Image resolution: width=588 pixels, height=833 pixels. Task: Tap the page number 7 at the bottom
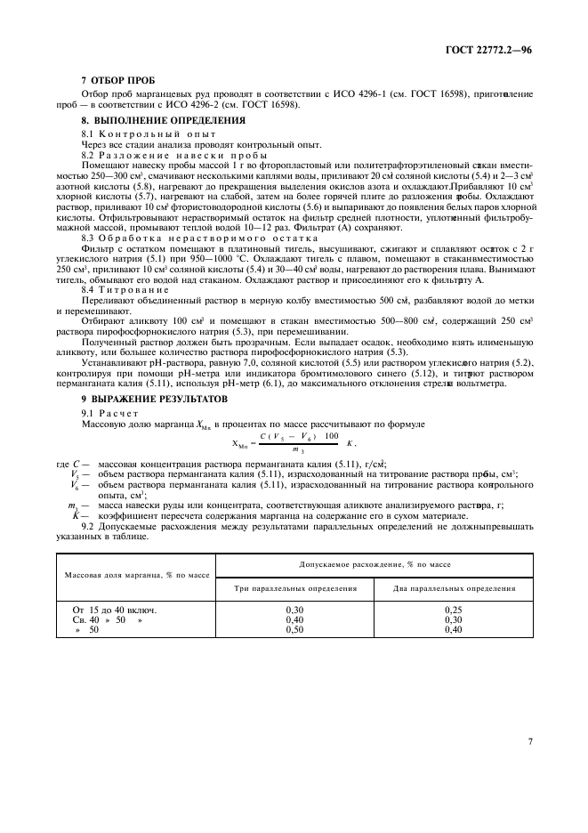coord(529,740)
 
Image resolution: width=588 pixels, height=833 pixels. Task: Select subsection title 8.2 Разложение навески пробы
coord(154,154)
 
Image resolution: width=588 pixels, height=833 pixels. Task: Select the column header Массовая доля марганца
coord(136,575)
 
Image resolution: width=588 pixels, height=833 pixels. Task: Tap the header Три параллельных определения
coord(295,588)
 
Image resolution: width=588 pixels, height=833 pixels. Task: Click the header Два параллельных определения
coord(455,588)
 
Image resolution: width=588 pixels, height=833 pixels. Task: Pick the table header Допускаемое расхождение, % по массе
coord(375,564)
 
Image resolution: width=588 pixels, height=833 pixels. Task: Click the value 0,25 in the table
coord(455,610)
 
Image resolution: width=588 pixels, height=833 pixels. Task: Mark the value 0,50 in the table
coord(295,629)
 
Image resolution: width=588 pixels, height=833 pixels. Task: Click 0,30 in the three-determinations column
coord(295,610)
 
